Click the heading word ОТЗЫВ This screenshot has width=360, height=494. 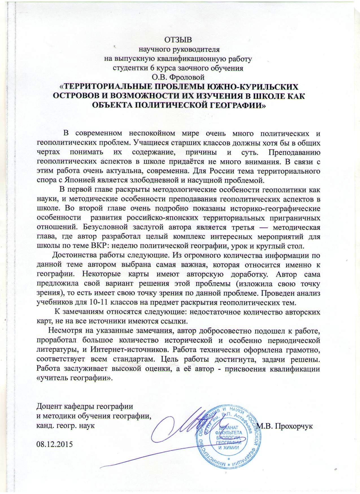tap(180, 40)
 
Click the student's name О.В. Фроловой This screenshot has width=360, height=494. tap(180, 76)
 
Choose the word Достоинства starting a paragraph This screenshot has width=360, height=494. tap(73, 255)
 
